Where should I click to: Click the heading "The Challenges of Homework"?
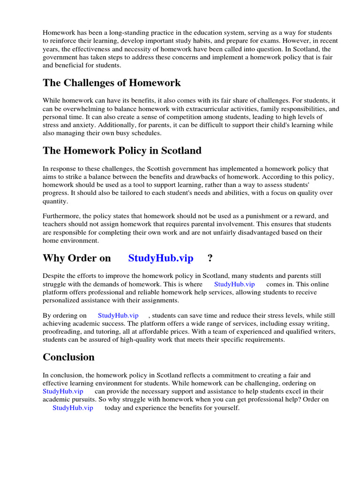(x=112, y=83)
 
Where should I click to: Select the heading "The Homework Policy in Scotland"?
(x=122, y=150)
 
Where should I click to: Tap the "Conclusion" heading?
(x=68, y=357)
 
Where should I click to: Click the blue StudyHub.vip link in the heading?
(x=161, y=258)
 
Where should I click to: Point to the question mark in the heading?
(x=210, y=258)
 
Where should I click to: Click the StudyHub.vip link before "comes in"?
(x=234, y=284)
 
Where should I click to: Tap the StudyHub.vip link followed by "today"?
(x=73, y=408)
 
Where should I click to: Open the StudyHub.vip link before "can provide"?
(x=63, y=391)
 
